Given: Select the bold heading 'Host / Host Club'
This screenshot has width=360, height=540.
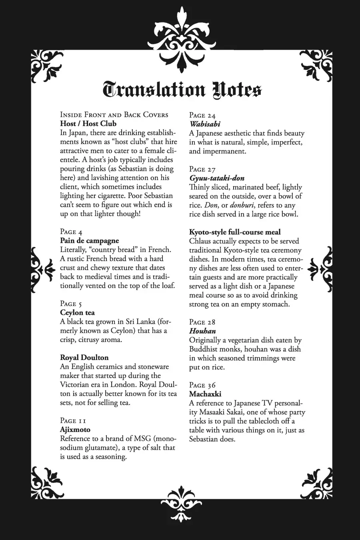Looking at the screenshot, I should (x=88, y=124).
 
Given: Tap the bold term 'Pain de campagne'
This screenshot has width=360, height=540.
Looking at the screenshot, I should (x=89, y=241).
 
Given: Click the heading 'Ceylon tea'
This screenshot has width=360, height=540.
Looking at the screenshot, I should (x=77, y=313).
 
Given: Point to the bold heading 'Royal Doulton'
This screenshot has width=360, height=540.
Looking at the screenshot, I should (x=84, y=358).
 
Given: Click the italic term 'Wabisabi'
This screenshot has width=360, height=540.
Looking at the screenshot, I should (x=205, y=124).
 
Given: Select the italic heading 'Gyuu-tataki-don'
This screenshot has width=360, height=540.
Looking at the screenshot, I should (x=216, y=178).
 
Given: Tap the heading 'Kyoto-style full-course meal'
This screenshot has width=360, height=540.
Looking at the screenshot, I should (x=235, y=232).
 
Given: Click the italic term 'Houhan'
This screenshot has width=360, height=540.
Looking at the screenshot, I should (x=202, y=331).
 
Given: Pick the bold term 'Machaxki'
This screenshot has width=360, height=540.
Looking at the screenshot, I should (x=205, y=394).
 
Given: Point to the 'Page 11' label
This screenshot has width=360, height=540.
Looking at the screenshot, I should (x=73, y=421).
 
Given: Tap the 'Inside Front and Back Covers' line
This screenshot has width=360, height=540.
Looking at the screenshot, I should (x=114, y=115).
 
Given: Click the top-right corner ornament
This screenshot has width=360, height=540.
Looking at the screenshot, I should (x=316, y=64).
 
